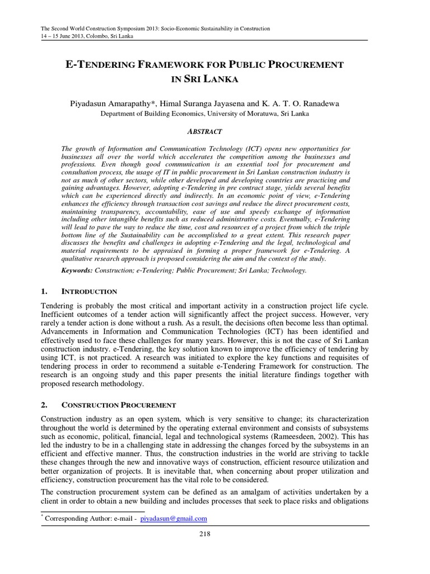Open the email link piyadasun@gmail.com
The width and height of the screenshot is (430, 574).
pyautogui.click(x=174, y=519)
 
